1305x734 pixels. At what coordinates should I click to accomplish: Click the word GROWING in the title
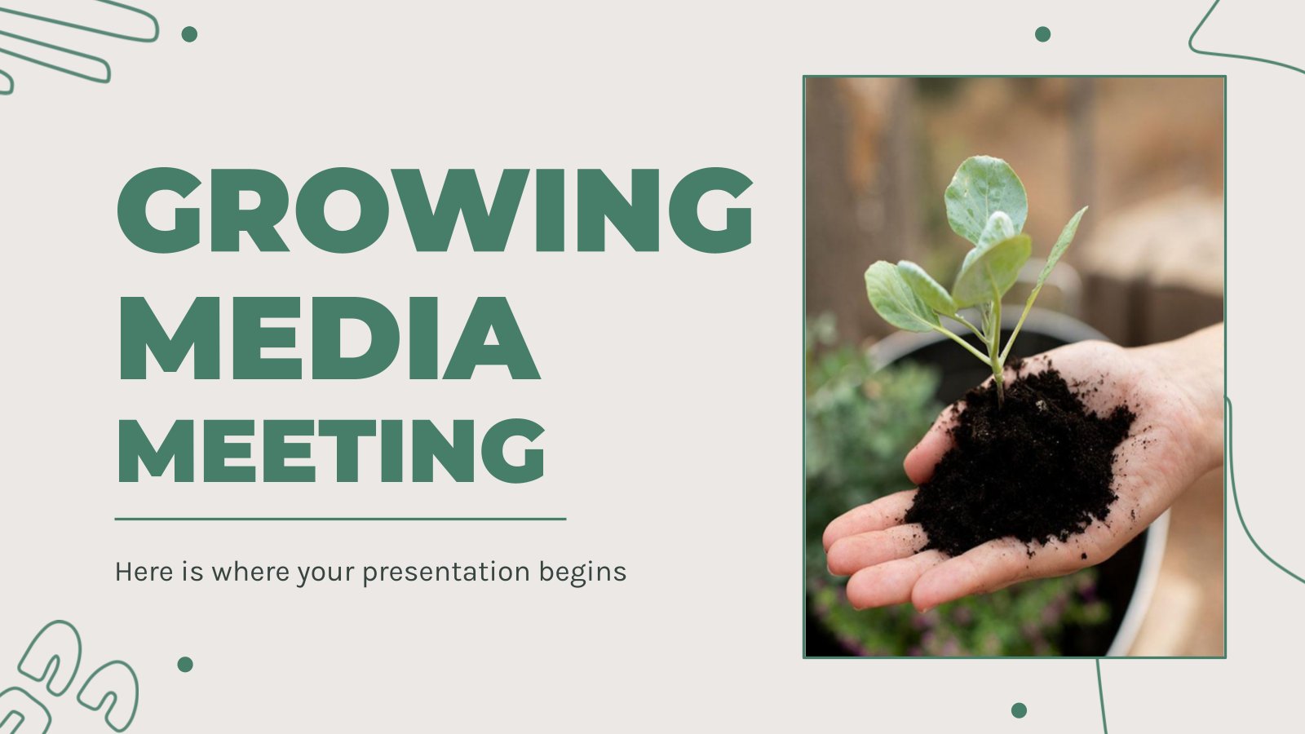[x=435, y=210]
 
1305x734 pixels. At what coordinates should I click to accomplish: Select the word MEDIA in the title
[x=329, y=338]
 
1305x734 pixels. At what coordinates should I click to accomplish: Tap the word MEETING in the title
[x=331, y=452]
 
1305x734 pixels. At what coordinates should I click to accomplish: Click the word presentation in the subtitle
[x=445, y=572]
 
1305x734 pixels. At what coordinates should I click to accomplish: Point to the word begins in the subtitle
[x=582, y=572]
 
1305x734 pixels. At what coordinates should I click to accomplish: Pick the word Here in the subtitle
[x=144, y=572]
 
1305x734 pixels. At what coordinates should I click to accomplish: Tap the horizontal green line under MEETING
[x=340, y=519]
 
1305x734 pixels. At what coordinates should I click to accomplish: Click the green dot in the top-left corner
[x=189, y=34]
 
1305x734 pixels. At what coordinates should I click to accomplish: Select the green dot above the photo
[x=1043, y=34]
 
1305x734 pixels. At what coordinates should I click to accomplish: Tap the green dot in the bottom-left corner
[x=185, y=665]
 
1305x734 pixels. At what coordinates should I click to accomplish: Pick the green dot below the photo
[x=1019, y=710]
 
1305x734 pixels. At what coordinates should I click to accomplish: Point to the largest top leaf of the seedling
[x=986, y=198]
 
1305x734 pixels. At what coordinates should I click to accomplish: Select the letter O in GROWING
[x=343, y=210]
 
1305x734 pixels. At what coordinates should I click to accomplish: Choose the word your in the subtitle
[x=325, y=573]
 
